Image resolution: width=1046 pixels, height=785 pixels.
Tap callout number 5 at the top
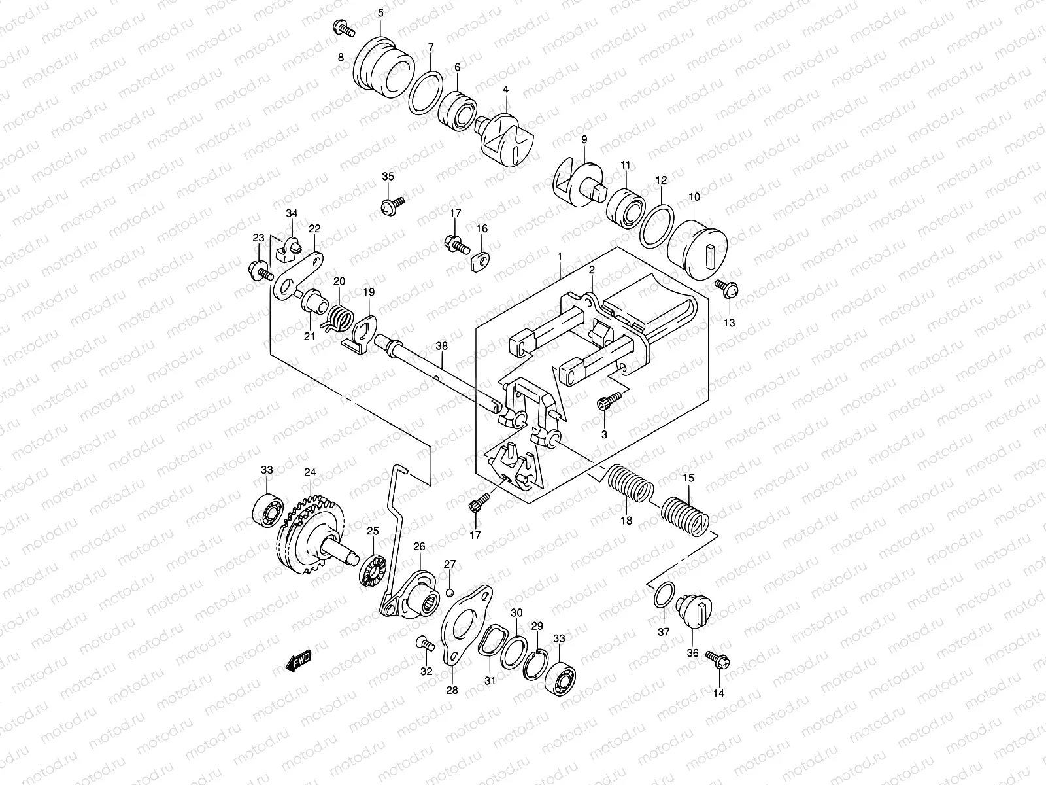[x=380, y=12]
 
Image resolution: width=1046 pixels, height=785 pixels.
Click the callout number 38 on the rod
[x=442, y=345]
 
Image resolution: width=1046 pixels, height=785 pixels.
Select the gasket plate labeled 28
[x=463, y=621]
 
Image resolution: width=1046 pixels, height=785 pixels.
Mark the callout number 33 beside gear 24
[x=267, y=470]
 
